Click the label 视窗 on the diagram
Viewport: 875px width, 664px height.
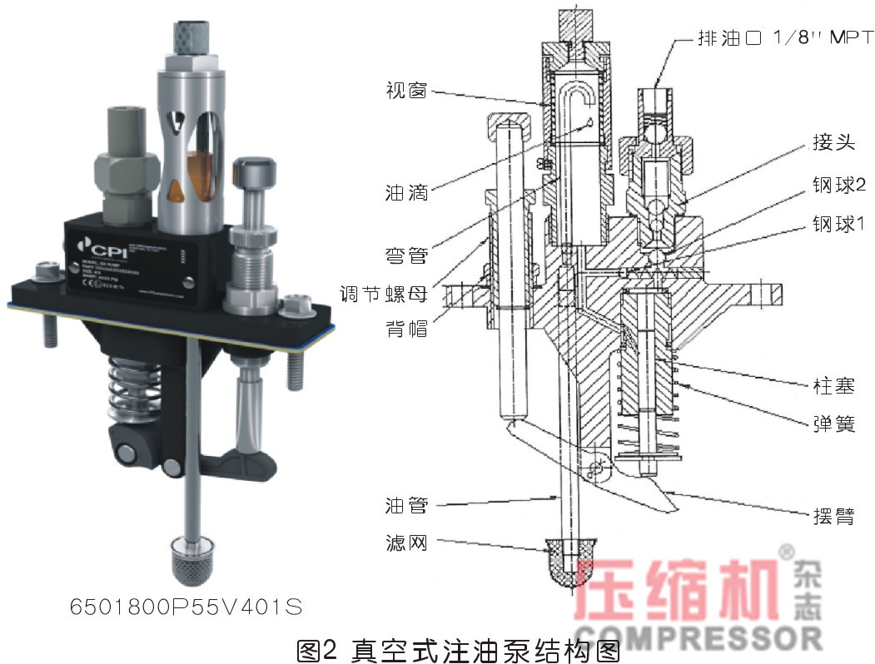coord(406,90)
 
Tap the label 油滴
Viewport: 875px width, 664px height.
coord(406,192)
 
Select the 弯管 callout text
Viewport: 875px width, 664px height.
coord(406,255)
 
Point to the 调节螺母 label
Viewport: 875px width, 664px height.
coord(384,293)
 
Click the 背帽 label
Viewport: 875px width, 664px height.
coord(406,329)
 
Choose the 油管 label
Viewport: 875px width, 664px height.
coord(406,505)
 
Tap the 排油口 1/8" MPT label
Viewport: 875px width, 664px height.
coord(782,38)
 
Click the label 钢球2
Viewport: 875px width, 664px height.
coord(839,185)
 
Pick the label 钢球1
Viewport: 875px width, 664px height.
coord(839,224)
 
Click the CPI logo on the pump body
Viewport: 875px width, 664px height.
coord(98,246)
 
